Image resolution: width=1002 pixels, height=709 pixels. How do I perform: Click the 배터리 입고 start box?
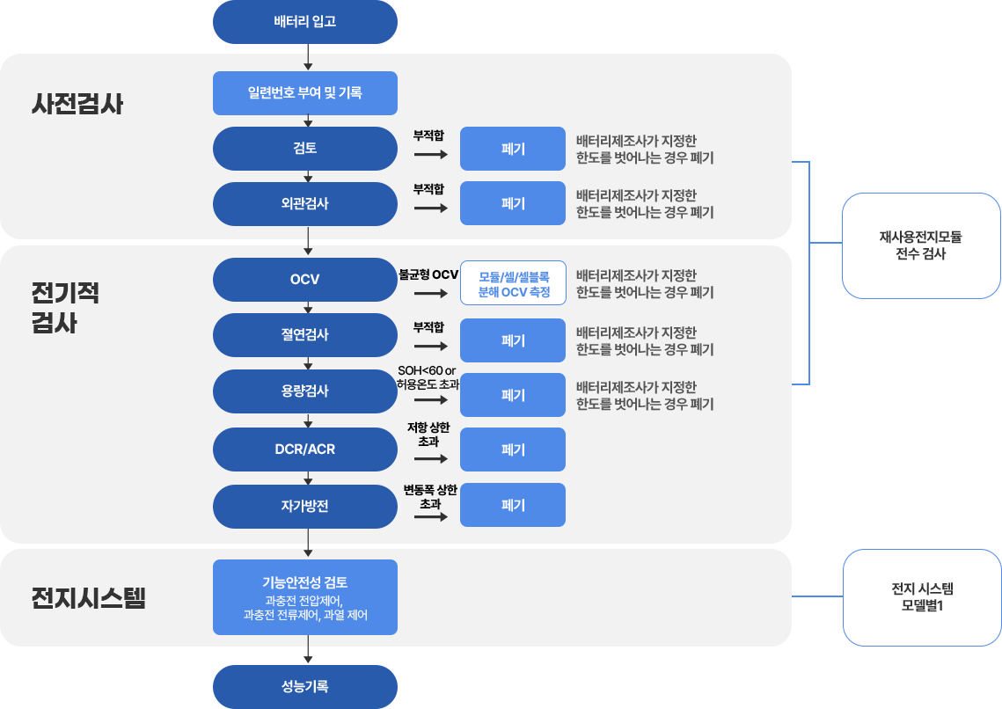coord(305,21)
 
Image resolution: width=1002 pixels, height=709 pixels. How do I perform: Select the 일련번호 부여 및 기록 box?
coord(305,92)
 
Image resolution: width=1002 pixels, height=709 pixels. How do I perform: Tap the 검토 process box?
coord(305,149)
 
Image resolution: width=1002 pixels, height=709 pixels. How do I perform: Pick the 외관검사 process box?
coord(305,204)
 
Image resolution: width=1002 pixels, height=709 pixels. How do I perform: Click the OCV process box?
coord(305,280)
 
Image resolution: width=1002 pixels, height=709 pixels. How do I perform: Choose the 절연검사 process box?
coord(305,335)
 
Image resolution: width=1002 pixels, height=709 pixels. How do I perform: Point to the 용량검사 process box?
coord(305,391)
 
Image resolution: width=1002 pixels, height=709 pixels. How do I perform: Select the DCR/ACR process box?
coord(305,450)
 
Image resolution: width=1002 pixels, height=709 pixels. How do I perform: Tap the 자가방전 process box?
coord(305,506)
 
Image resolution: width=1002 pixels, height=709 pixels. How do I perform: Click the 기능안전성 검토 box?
coord(305,596)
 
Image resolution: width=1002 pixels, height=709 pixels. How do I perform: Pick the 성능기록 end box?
coord(305,687)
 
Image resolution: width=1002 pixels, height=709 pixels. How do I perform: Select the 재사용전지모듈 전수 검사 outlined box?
coord(921,245)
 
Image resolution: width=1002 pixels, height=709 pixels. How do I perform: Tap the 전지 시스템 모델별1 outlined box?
coord(922,598)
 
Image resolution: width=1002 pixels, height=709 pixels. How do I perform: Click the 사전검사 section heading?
coord(77,105)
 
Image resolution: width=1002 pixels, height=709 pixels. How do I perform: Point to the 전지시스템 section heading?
coord(89,599)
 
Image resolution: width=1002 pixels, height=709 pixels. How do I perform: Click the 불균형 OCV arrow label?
coord(428,274)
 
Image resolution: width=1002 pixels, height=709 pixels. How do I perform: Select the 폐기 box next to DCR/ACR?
coord(513,450)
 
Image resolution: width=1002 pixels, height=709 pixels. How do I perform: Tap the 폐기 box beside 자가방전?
coord(513,505)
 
